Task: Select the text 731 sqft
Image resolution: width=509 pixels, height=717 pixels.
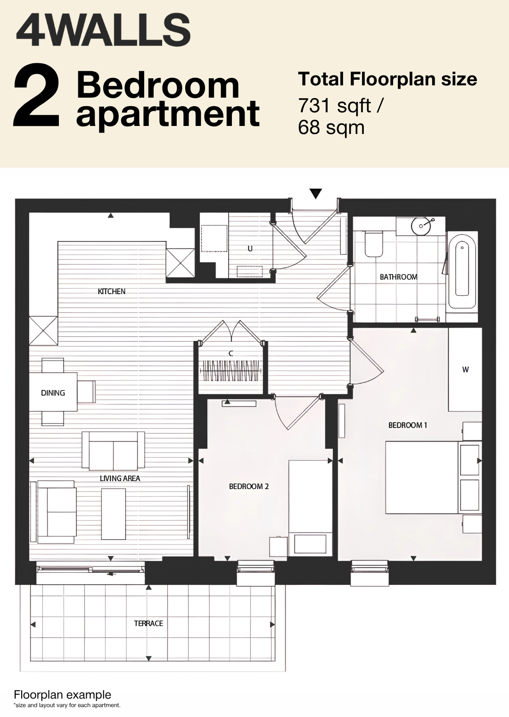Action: point(335,106)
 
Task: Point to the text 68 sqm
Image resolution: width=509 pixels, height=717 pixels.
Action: point(331,127)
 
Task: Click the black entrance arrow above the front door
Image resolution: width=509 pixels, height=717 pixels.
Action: point(316,194)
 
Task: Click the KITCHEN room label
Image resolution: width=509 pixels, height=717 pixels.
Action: point(112,292)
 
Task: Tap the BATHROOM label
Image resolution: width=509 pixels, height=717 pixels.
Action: point(398,277)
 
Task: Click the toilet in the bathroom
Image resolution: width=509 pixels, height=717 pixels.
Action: point(373,244)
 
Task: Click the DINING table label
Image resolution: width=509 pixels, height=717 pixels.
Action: point(53,393)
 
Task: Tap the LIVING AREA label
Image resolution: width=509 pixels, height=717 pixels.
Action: point(120,478)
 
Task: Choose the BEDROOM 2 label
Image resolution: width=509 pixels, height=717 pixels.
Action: point(249,486)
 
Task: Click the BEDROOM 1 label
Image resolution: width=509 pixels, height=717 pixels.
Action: point(408,425)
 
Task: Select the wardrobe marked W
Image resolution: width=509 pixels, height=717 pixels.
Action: point(465,369)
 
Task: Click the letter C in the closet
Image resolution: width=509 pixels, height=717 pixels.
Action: point(231,353)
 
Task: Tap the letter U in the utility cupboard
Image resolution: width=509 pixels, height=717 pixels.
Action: point(250,249)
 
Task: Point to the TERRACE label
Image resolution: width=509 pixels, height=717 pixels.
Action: point(148,623)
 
